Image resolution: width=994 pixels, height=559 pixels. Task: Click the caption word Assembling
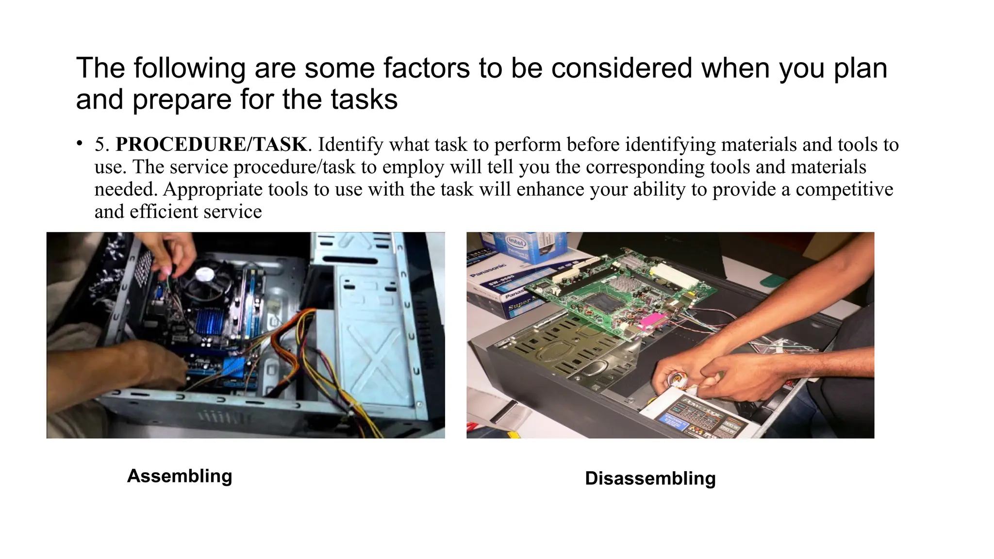(x=180, y=476)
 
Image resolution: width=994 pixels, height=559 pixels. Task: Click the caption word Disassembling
(x=650, y=478)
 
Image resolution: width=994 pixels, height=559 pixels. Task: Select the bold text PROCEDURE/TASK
(x=211, y=145)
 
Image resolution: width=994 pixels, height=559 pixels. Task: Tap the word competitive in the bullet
(x=844, y=189)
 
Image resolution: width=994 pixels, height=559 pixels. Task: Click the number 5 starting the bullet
(x=99, y=145)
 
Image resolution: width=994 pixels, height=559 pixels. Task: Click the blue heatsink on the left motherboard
(x=210, y=320)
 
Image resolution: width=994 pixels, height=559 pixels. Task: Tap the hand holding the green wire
(x=172, y=252)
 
